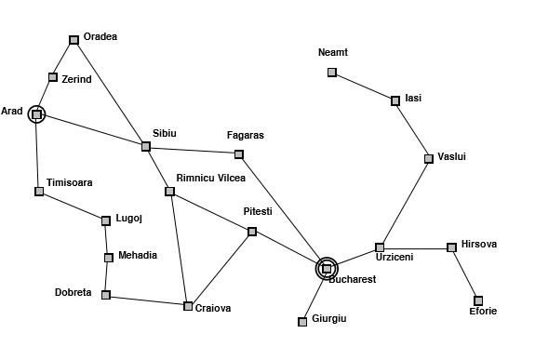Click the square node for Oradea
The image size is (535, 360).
click(74, 40)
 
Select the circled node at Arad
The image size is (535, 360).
click(35, 114)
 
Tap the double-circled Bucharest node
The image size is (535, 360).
click(327, 269)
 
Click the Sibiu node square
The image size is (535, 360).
click(146, 146)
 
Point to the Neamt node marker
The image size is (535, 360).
click(332, 73)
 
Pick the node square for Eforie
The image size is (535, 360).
click(478, 300)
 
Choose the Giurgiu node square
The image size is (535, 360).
click(302, 322)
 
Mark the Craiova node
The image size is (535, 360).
click(188, 305)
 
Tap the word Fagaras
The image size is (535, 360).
click(246, 135)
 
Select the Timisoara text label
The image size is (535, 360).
click(69, 182)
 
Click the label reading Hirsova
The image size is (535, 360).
click(478, 244)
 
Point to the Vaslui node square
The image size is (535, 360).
click(429, 158)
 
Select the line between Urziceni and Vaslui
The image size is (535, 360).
click(405, 202)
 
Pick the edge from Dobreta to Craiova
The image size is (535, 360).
click(147, 300)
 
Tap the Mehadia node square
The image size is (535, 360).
click(109, 257)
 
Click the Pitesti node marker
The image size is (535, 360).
click(252, 232)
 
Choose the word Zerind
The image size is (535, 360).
click(76, 79)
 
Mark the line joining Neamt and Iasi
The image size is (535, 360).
click(364, 86)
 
